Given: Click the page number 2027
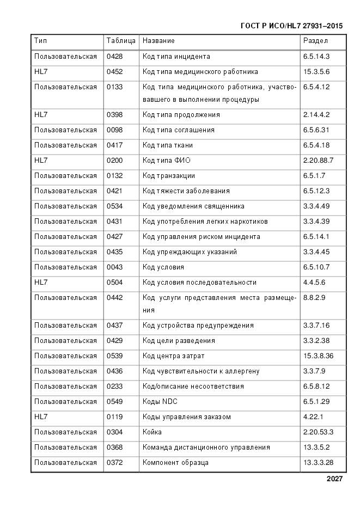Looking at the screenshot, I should click(x=334, y=479).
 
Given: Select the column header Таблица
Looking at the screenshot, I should click(x=121, y=41).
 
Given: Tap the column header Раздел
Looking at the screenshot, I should click(x=316, y=41).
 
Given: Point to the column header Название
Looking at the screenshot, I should click(x=158, y=41).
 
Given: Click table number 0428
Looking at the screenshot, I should click(x=115, y=56).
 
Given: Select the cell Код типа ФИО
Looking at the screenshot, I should click(x=167, y=161).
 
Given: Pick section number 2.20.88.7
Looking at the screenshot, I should click(x=318, y=161).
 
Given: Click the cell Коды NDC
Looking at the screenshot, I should click(x=160, y=402).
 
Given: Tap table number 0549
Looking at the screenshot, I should click(x=115, y=402).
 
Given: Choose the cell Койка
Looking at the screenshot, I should click(x=152, y=432).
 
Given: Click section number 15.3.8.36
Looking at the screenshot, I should click(x=318, y=356).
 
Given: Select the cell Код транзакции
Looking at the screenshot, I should click(x=169, y=176).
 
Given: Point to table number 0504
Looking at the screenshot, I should click(x=115, y=283).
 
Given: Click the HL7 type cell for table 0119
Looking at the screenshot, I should click(x=41, y=417).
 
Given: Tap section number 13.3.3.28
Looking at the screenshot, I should click(x=318, y=463).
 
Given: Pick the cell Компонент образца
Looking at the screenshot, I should click(x=175, y=463).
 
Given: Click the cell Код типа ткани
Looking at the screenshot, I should click(x=168, y=145).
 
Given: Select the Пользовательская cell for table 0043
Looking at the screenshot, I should click(x=65, y=267).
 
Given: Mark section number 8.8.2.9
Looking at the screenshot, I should click(x=314, y=298).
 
